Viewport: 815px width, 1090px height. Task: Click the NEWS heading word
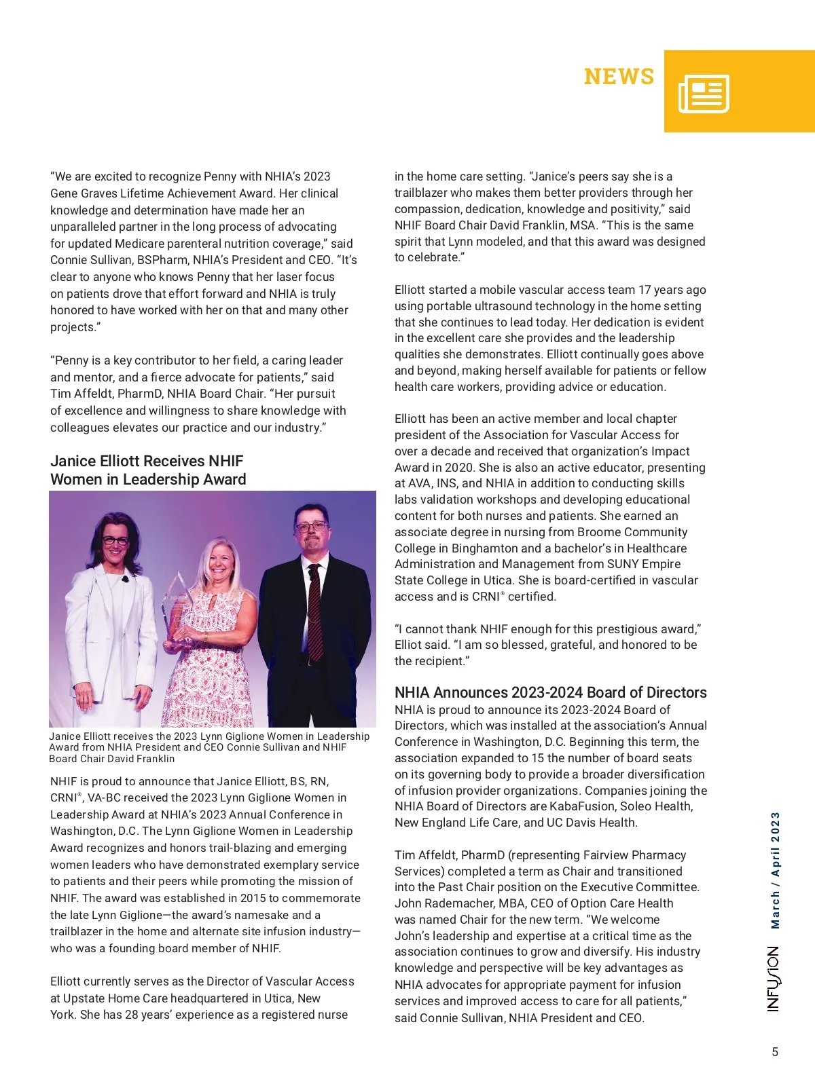[619, 77]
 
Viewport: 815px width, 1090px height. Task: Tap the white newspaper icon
[704, 94]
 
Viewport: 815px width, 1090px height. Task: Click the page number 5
[775, 1052]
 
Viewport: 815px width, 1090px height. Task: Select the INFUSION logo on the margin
[774, 979]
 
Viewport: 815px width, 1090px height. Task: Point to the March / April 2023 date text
[775, 870]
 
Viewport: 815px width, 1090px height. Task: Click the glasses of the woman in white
[115, 541]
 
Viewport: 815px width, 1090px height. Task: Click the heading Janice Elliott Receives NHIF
[147, 461]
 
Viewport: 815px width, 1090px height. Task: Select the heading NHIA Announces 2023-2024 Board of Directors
[550, 692]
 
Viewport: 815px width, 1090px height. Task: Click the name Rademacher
[459, 903]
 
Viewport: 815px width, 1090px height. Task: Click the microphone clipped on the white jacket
[126, 579]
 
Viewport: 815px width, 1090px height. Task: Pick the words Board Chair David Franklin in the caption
[111, 759]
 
